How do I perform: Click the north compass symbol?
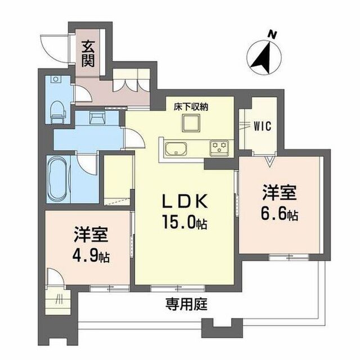click(x=264, y=57)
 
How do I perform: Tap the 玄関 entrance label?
click(x=88, y=54)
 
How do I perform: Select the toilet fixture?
click(x=57, y=112)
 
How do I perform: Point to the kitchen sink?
click(x=176, y=148)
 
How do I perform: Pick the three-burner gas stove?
click(x=219, y=146)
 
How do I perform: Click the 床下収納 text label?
click(x=191, y=107)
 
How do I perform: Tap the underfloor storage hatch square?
click(x=191, y=123)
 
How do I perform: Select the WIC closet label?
click(x=263, y=126)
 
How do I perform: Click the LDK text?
click(x=185, y=201)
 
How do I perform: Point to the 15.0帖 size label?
click(x=184, y=222)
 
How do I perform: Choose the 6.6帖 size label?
click(x=279, y=214)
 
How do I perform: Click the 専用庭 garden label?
click(x=187, y=304)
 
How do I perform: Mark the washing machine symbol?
click(x=97, y=118)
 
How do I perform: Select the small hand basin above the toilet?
click(x=55, y=79)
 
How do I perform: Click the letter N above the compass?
click(x=272, y=35)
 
